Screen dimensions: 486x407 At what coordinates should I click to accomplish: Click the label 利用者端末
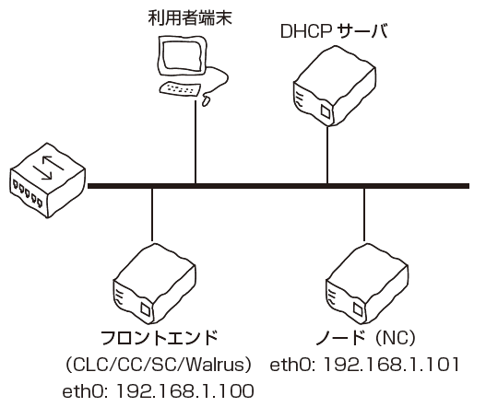click(190, 17)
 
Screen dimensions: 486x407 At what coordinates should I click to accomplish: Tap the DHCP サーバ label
click(334, 31)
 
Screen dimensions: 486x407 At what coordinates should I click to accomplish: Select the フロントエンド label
click(160, 338)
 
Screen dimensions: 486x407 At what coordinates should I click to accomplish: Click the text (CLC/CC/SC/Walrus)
click(158, 365)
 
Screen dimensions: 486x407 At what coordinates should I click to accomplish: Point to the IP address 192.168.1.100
click(184, 391)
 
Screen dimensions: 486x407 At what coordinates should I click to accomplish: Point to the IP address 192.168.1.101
click(391, 365)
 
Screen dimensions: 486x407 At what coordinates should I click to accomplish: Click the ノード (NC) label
click(365, 338)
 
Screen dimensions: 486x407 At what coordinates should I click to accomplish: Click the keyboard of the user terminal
click(180, 88)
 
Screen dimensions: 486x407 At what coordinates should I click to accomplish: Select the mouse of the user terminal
click(207, 100)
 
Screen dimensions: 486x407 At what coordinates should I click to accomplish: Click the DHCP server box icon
click(335, 86)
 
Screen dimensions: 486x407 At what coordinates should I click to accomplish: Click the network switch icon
click(47, 180)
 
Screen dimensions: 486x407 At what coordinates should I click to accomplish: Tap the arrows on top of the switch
click(49, 169)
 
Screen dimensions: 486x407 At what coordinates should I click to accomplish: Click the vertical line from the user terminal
click(196, 142)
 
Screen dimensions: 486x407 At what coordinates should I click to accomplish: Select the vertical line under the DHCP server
click(327, 155)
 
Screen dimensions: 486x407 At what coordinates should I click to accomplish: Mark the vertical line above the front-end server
click(152, 215)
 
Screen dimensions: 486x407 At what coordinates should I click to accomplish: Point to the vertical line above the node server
click(364, 215)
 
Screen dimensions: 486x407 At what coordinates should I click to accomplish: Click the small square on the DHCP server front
click(326, 111)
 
